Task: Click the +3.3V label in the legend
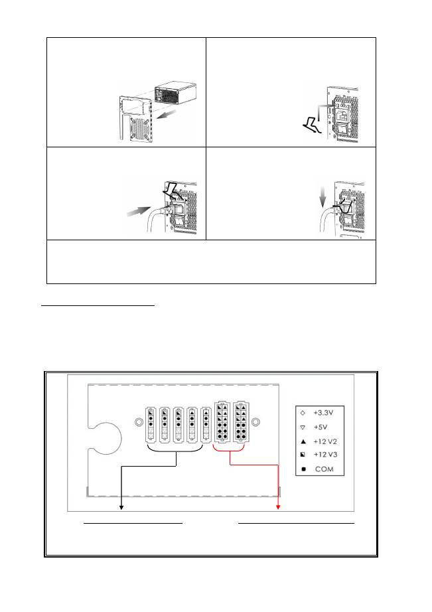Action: (x=323, y=413)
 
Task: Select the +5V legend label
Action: (x=320, y=427)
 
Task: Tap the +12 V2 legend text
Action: (x=325, y=441)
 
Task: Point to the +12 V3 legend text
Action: (x=325, y=454)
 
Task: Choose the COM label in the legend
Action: (x=324, y=469)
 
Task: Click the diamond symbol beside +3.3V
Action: (x=303, y=413)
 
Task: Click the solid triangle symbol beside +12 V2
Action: (x=303, y=442)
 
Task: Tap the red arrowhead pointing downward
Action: (x=278, y=507)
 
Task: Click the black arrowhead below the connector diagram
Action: (x=121, y=507)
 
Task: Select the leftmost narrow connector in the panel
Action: (x=151, y=425)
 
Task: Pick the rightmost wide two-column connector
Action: (x=241, y=421)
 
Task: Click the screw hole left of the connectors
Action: (x=139, y=422)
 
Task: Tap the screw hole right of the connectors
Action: (x=255, y=422)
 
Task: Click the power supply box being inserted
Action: (x=175, y=94)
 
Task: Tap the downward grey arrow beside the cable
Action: (x=323, y=196)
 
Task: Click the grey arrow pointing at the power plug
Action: (x=139, y=212)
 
